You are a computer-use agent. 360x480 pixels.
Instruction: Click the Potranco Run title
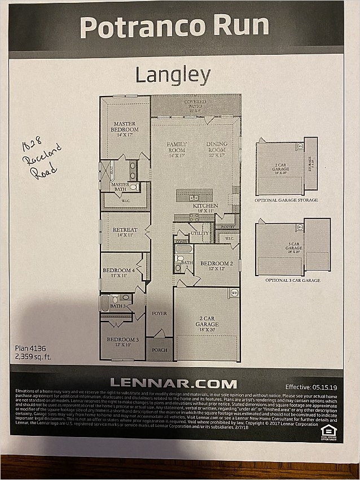pyautogui.click(x=174, y=27)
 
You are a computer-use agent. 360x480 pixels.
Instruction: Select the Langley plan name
pyautogui.click(x=173, y=75)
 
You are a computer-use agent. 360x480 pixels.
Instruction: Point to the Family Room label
pyautogui.click(x=176, y=147)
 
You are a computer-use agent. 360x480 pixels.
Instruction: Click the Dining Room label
pyautogui.click(x=216, y=147)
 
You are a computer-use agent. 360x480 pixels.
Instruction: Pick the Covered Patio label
pyautogui.click(x=195, y=104)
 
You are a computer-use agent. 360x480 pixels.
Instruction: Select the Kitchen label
pyautogui.click(x=205, y=206)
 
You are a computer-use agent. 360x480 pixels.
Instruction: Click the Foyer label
pyautogui.click(x=160, y=313)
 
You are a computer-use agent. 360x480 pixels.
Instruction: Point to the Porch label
pyautogui.click(x=160, y=350)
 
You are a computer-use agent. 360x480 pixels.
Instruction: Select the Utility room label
pyautogui.click(x=200, y=233)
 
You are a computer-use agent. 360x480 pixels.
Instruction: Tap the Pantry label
pyautogui.click(x=227, y=227)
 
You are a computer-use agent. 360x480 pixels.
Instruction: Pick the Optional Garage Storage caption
pyautogui.click(x=286, y=200)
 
